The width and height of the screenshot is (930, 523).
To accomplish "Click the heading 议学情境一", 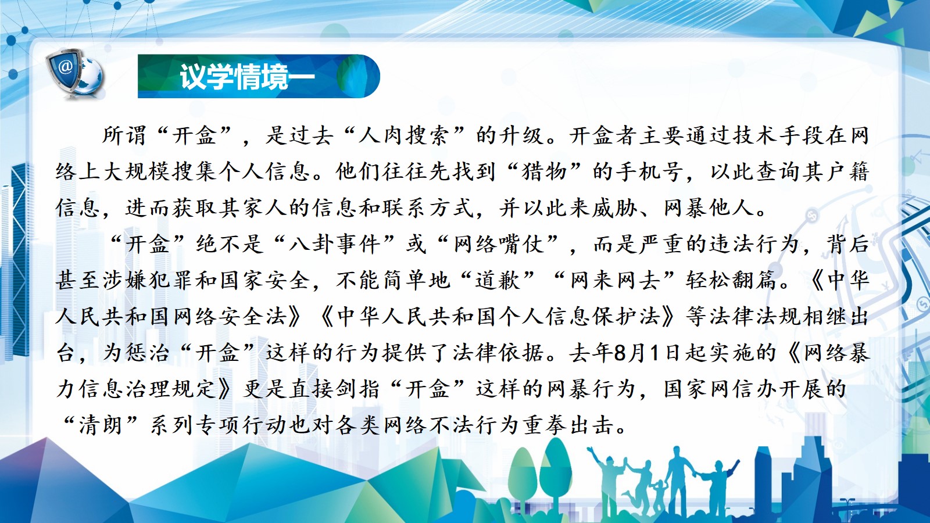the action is click(248, 76).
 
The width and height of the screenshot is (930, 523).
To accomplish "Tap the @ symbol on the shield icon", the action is click(65, 66).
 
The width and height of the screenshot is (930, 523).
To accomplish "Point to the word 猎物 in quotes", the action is click(545, 171).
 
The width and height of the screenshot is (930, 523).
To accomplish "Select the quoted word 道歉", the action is click(498, 280).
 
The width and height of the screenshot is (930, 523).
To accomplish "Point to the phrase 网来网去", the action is click(614, 280).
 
